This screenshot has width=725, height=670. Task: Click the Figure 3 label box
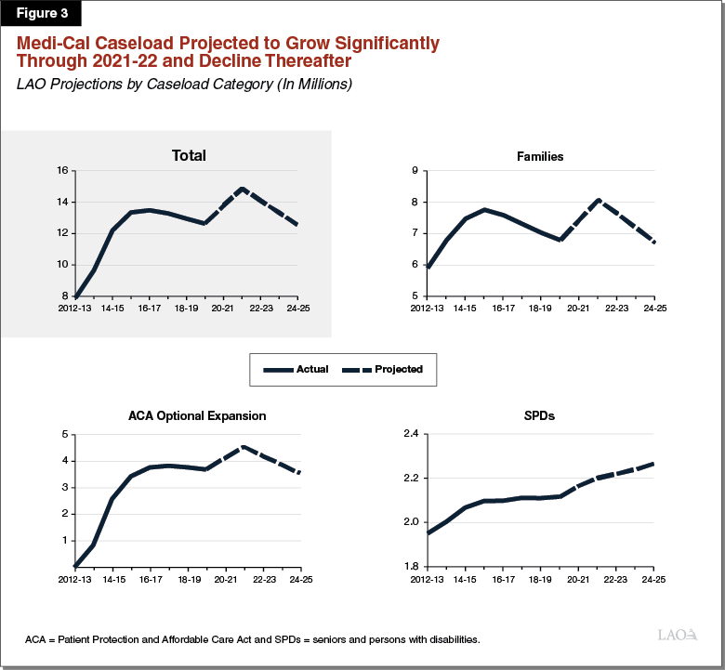[41, 15]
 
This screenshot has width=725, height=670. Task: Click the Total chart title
[189, 155]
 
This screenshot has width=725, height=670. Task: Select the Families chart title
[540, 156]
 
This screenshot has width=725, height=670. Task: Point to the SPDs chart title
[540, 415]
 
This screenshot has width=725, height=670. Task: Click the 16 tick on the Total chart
[62, 171]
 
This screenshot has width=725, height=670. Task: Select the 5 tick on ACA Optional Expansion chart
[64, 434]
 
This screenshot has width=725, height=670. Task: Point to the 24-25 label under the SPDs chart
[654, 579]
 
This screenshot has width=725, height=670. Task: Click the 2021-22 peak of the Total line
[243, 189]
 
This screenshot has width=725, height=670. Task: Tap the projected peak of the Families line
[598, 200]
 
